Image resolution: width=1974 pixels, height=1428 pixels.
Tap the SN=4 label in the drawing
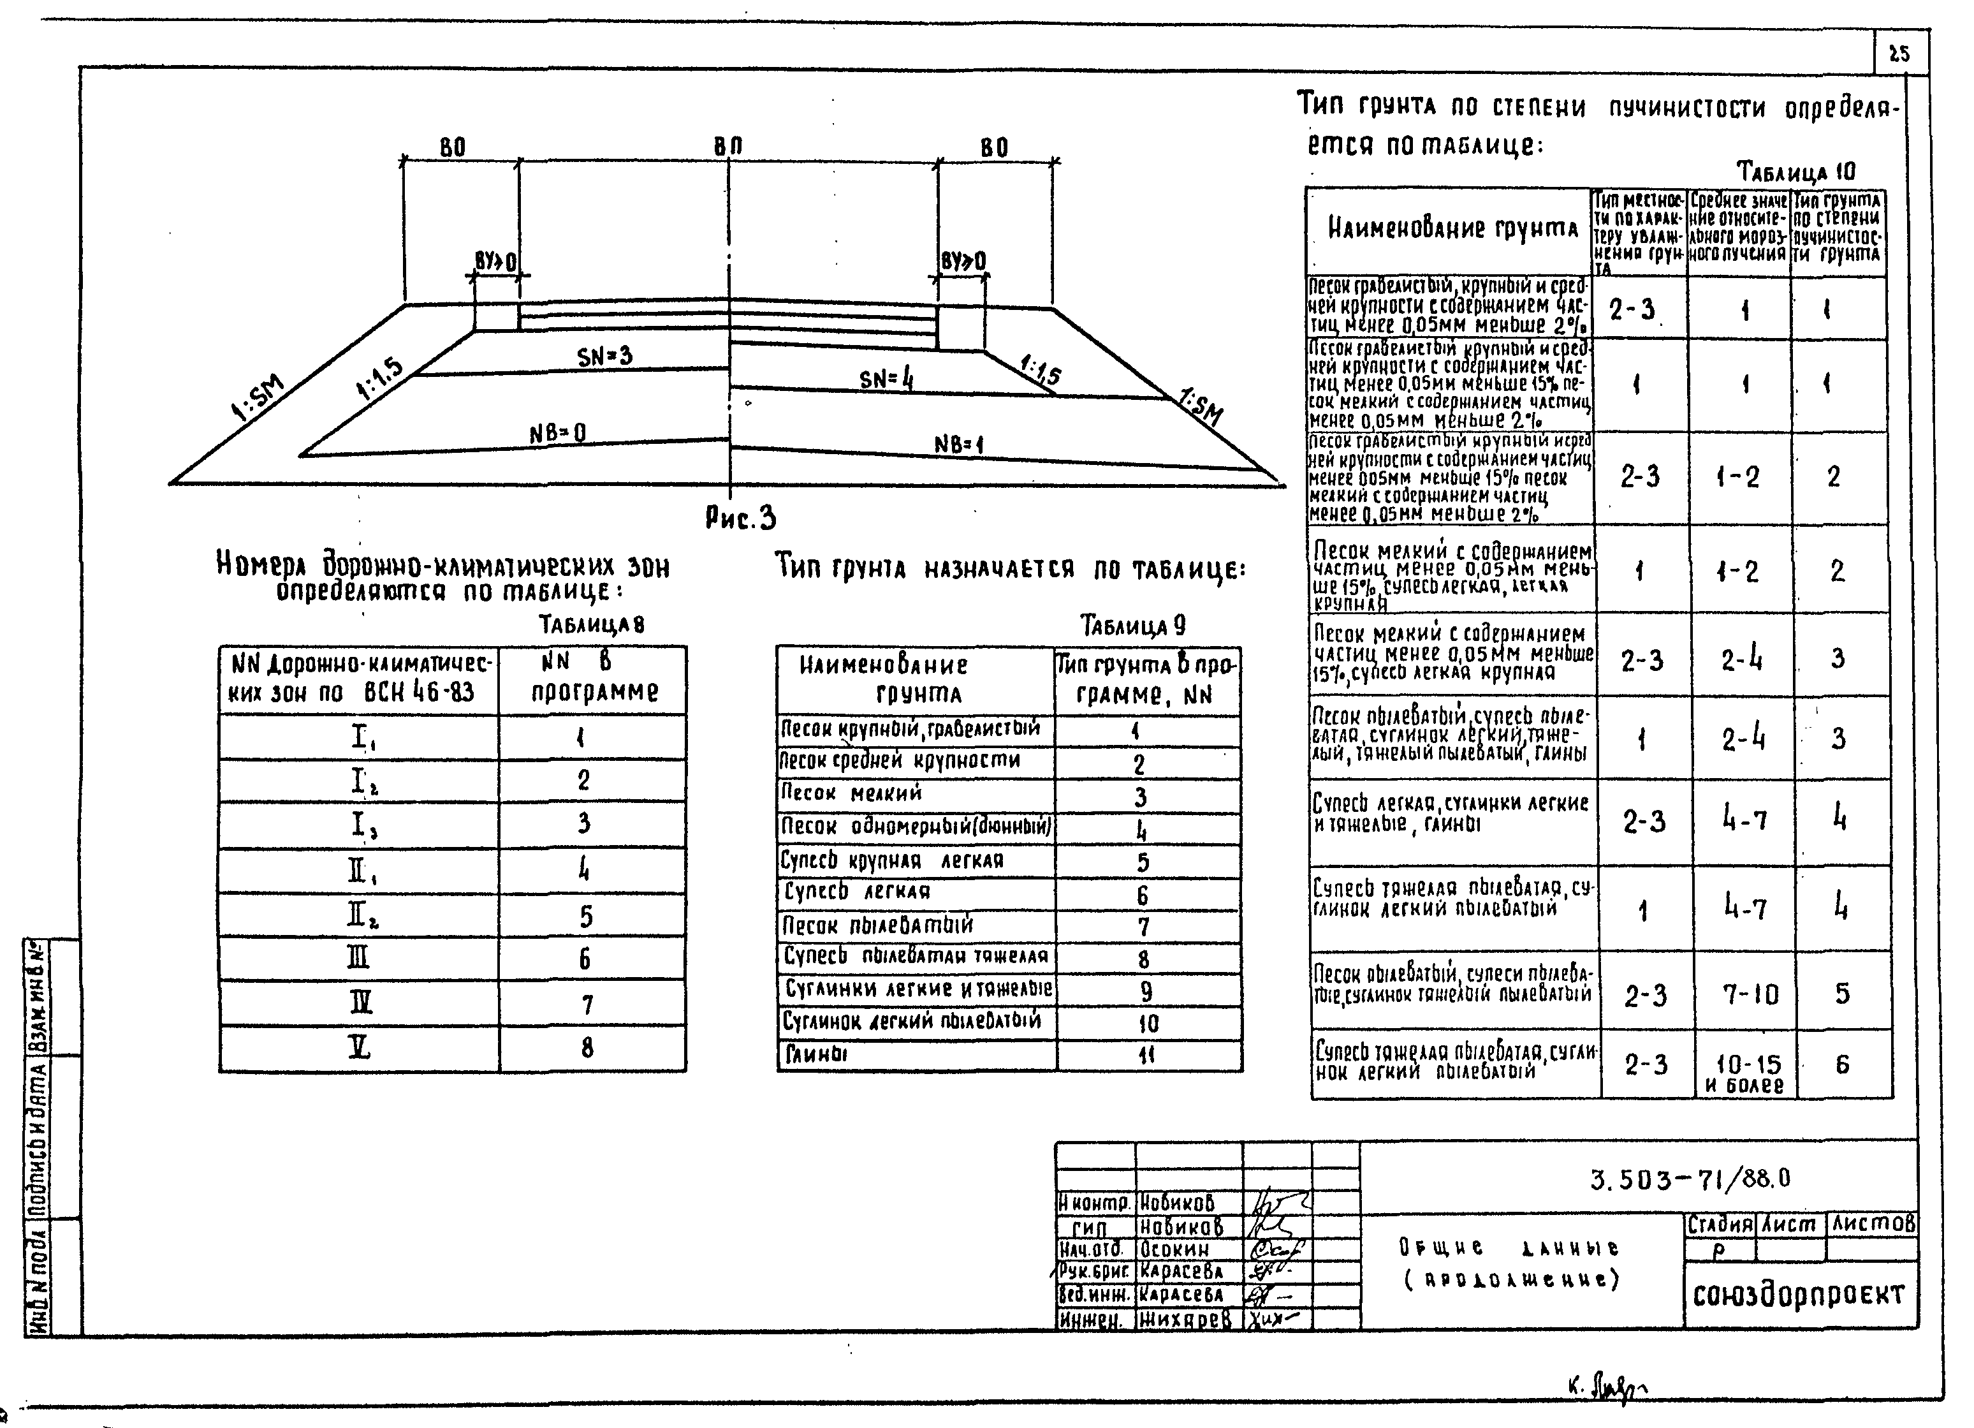886,379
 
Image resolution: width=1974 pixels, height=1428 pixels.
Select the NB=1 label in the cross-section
958,445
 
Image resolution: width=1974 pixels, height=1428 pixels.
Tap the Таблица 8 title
591,624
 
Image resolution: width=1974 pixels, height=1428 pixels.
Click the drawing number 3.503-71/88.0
1690,1179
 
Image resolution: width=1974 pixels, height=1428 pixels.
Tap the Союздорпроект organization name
1798,1295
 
